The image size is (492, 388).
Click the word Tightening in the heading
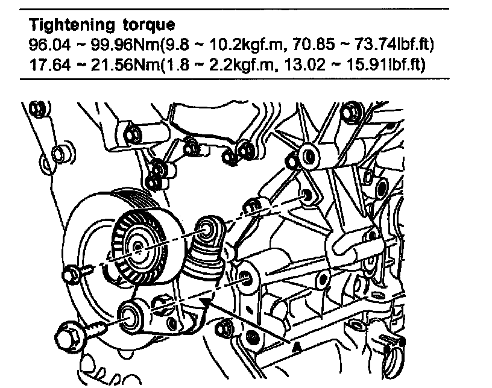pos(71,25)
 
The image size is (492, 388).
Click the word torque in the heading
pos(149,25)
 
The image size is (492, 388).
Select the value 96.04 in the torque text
pos(49,45)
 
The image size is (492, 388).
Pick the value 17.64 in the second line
pos(49,64)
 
